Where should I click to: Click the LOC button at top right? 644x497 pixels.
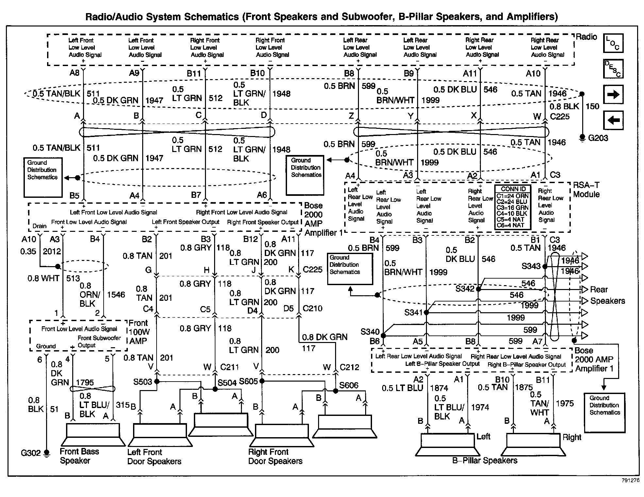click(613, 43)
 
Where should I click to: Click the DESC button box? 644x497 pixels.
click(613, 69)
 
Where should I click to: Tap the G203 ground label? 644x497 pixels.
click(598, 138)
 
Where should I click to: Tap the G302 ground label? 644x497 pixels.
click(31, 453)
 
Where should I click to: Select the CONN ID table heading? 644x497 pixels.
click(513, 189)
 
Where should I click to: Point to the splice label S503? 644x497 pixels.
click(143, 382)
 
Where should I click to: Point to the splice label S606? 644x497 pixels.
click(348, 385)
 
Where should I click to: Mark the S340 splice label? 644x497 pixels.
click(370, 332)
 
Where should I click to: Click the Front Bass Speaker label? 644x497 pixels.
click(79, 456)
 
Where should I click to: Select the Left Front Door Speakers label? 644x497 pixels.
click(154, 457)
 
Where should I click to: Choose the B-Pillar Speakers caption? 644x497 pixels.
click(484, 460)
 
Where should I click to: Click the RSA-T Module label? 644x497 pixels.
click(586, 190)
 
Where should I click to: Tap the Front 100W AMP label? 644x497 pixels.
click(139, 332)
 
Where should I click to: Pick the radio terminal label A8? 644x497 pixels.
click(75, 73)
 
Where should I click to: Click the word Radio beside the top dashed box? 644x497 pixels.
click(586, 37)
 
